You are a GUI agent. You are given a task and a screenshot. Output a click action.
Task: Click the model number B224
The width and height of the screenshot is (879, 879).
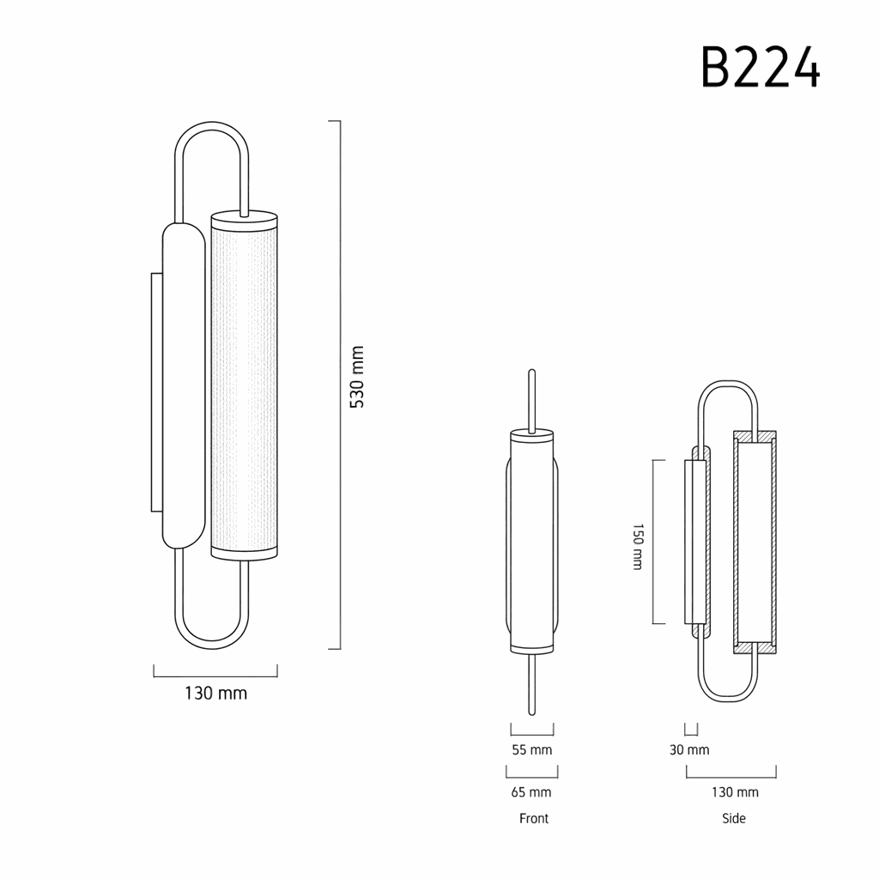[761, 67]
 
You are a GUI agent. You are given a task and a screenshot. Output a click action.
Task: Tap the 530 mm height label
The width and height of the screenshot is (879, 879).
[357, 377]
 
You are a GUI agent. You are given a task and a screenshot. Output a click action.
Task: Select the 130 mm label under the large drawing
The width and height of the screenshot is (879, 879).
[215, 694]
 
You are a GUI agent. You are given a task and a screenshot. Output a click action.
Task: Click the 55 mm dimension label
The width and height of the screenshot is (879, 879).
[532, 750]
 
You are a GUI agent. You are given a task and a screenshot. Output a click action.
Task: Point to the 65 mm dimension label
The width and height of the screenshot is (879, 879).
[531, 792]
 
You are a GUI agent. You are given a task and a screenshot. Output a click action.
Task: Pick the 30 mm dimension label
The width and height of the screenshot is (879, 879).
[689, 750]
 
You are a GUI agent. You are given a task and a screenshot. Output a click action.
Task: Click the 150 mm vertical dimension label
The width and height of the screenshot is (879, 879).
[638, 547]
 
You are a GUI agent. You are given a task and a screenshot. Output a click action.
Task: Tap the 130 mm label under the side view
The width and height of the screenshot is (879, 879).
[735, 792]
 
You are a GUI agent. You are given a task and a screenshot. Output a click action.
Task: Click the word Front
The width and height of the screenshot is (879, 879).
[534, 818]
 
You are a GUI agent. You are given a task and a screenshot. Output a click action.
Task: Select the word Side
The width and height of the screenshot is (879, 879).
[734, 818]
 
